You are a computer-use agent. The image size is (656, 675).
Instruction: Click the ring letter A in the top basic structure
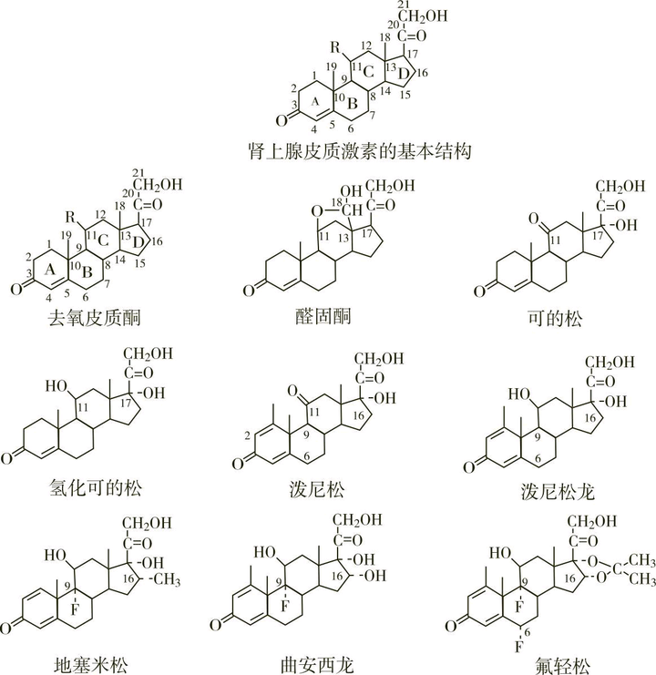click(313, 103)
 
